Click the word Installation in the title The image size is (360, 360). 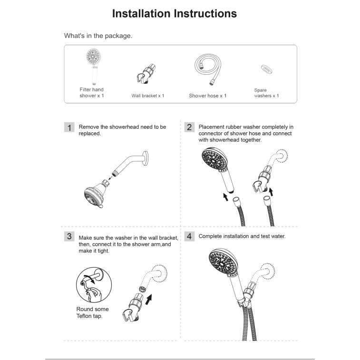click(x=142, y=13)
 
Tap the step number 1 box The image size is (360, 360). click(x=69, y=127)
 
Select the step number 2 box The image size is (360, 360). click(x=189, y=127)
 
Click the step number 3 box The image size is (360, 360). click(x=69, y=236)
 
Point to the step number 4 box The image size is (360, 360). click(x=189, y=236)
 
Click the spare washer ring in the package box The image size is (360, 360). click(x=267, y=69)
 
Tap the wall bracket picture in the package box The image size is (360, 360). click(x=146, y=74)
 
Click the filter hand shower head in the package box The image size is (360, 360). click(x=93, y=56)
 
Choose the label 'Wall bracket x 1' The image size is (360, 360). click(x=148, y=96)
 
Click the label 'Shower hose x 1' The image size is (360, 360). click(x=207, y=96)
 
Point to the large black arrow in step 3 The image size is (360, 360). click(x=148, y=300)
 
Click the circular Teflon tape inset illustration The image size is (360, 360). click(x=94, y=285)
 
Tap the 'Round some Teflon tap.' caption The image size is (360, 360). click(x=92, y=312)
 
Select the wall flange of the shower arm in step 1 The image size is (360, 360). click(x=146, y=158)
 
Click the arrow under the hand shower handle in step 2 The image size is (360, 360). click(x=226, y=197)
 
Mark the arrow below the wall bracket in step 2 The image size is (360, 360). click(x=271, y=192)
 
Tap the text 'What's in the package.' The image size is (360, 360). click(x=98, y=36)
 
